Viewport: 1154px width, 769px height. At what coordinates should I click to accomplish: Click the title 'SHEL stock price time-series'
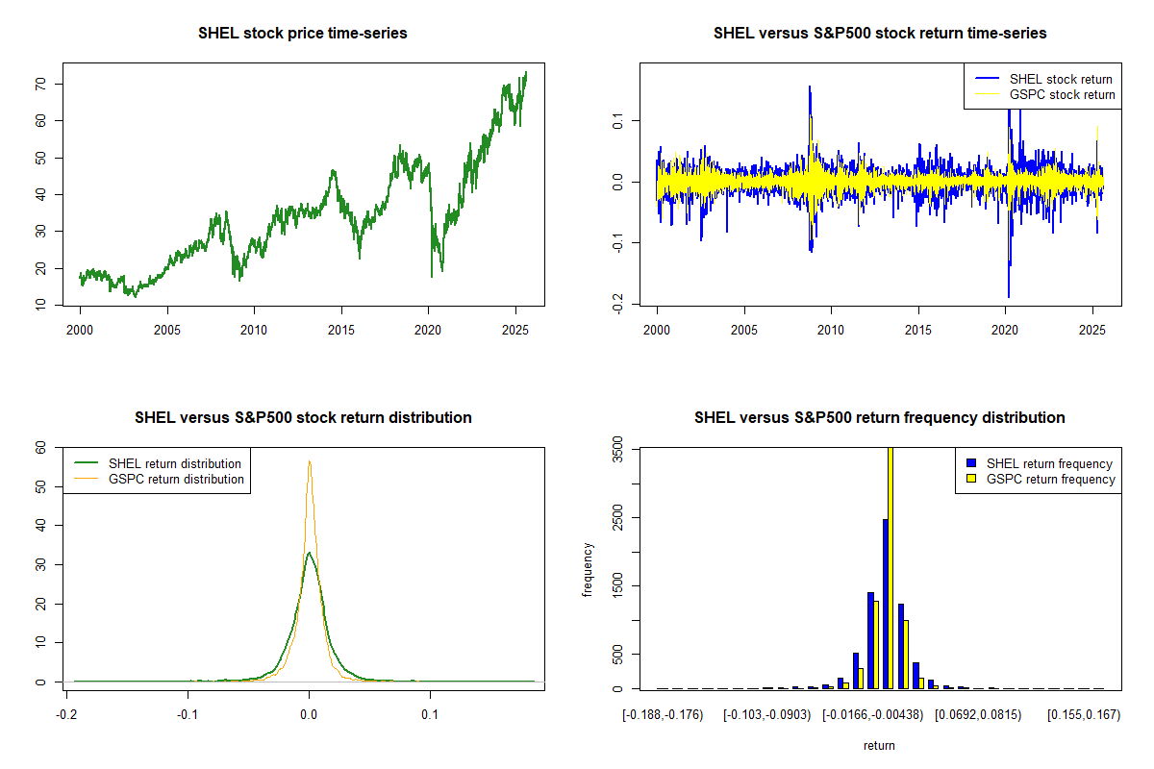(x=303, y=34)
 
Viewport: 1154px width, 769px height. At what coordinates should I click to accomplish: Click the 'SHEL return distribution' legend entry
(x=174, y=463)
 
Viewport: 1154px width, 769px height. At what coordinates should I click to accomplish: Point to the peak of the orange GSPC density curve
(x=309, y=461)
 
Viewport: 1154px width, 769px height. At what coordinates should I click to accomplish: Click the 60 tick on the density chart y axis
(x=41, y=447)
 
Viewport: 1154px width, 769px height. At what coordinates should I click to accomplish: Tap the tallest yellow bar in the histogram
(x=891, y=567)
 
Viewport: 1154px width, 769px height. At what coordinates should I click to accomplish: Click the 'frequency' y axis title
(x=589, y=570)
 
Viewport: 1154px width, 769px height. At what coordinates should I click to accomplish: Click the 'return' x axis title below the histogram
(x=879, y=745)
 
